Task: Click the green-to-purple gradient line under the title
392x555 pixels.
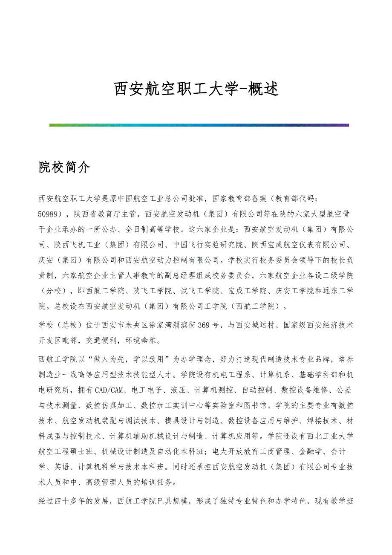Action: [199, 125]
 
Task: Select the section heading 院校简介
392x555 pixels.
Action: [64, 168]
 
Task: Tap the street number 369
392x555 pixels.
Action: [205, 326]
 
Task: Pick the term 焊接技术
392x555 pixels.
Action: [317, 421]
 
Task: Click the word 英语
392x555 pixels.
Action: [63, 467]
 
